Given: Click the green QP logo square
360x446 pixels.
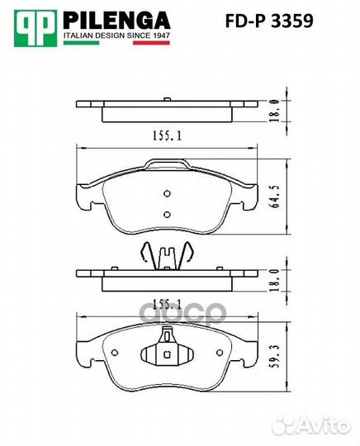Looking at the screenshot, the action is [x=36, y=28].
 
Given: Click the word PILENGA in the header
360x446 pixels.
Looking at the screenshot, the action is [x=116, y=21].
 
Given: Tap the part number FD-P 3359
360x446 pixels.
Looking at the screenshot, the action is [x=269, y=21].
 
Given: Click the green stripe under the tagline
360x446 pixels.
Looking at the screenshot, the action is [x=81, y=43].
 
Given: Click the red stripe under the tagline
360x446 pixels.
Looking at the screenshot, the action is [x=152, y=43].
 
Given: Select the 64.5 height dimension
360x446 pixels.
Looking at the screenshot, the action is [x=275, y=197].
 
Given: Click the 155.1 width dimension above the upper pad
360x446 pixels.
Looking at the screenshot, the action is [x=168, y=135].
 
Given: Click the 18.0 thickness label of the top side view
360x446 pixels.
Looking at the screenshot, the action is [x=274, y=111].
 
